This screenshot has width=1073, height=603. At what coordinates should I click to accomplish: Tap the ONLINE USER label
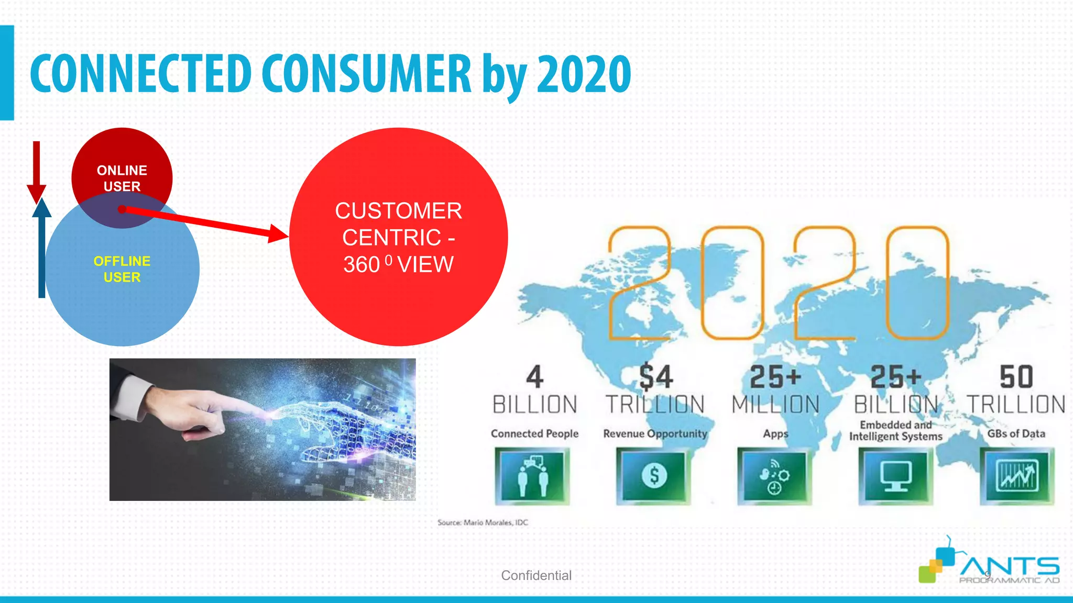click(x=122, y=178)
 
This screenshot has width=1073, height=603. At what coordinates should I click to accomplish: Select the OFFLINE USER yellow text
click(x=122, y=269)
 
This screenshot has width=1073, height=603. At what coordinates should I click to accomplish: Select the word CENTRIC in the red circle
click(x=392, y=238)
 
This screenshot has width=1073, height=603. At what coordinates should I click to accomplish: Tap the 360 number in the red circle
click(x=362, y=264)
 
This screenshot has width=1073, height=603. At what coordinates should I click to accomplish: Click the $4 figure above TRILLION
click(x=655, y=377)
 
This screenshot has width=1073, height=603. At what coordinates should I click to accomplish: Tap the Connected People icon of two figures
click(x=532, y=475)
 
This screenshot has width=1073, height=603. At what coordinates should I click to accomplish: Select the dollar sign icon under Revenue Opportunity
click(x=654, y=475)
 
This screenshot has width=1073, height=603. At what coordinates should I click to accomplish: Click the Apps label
click(x=775, y=433)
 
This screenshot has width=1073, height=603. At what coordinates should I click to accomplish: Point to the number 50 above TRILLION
click(x=1016, y=377)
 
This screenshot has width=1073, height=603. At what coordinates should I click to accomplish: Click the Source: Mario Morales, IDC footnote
click(x=483, y=522)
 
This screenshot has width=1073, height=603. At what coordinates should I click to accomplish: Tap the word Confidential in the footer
click(x=536, y=575)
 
